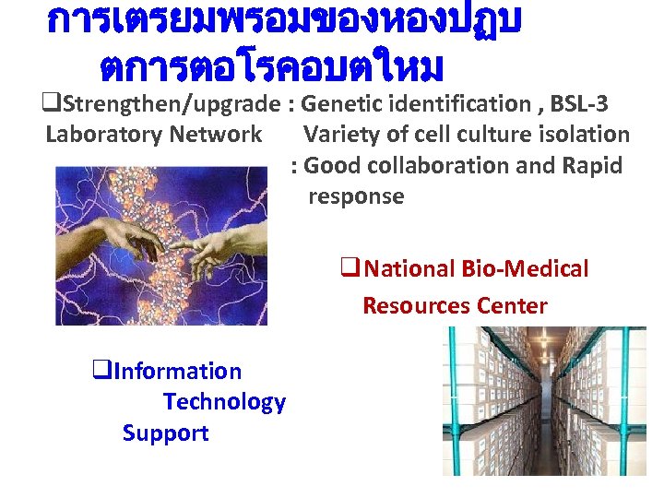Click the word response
[x=356, y=196]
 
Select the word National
[x=406, y=269]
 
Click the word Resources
[x=417, y=305]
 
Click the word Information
[x=178, y=372]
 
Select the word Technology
[x=224, y=402]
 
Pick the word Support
[x=165, y=433]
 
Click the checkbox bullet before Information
[x=101, y=372]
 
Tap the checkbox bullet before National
[x=349, y=269]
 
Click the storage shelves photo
[x=543, y=401]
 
